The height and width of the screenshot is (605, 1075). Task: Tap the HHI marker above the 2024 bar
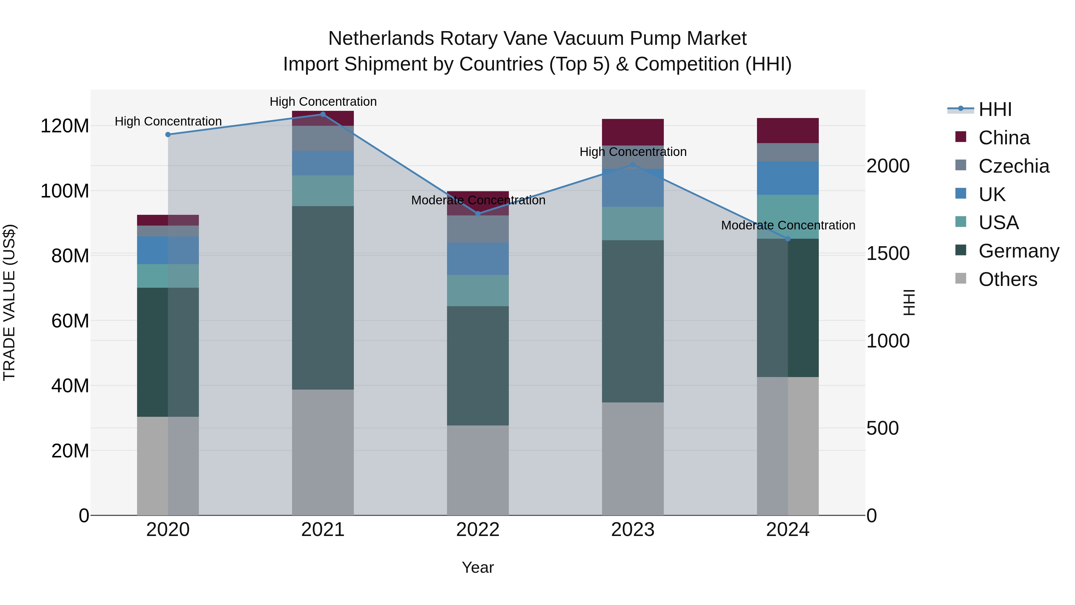[788, 239]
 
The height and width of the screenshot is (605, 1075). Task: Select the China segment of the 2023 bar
[633, 132]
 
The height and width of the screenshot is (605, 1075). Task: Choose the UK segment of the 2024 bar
[788, 178]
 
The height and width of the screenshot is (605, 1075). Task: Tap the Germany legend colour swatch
[961, 251]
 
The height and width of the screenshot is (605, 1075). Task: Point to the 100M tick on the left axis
[65, 191]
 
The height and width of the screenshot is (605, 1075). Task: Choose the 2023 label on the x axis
[633, 530]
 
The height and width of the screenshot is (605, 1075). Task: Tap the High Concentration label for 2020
[168, 122]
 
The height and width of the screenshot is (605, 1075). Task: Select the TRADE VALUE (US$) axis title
[9, 302]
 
